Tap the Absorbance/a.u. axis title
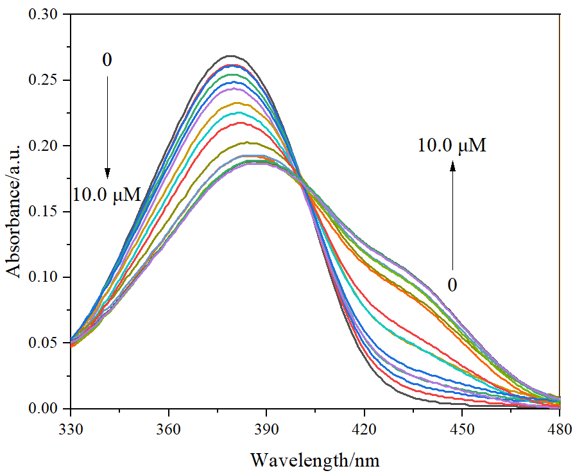[14, 211]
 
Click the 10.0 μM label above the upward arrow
[452, 146]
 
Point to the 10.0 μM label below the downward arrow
[106, 194]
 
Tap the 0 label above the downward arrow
[107, 60]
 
